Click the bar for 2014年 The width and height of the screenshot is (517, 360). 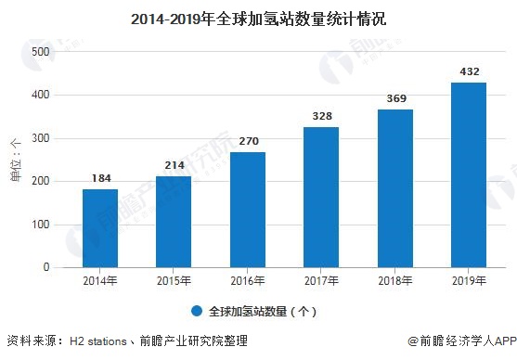[100, 228]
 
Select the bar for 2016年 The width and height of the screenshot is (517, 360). [248, 210]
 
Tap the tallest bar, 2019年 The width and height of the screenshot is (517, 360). [469, 175]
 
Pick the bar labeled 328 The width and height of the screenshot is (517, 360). [321, 197]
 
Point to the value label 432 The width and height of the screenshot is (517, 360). [470, 71]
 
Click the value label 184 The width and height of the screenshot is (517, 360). [101, 178]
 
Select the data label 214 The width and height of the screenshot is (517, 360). [174, 165]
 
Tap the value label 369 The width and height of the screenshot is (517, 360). [396, 98]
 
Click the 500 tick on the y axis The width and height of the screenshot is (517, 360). [41, 52]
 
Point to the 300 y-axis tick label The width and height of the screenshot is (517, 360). [41, 138]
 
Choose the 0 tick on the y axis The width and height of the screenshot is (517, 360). [46, 267]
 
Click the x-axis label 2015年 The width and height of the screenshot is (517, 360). [174, 281]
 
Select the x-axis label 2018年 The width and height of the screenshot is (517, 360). [395, 281]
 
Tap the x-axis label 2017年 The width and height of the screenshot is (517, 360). [321, 281]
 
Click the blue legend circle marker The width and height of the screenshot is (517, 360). [197, 311]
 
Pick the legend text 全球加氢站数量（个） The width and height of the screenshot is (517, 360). [263, 311]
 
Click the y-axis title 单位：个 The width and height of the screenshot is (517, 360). [16, 161]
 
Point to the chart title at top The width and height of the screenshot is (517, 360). [258, 19]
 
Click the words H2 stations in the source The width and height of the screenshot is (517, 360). [98, 341]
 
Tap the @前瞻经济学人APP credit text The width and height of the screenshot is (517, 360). [462, 341]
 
